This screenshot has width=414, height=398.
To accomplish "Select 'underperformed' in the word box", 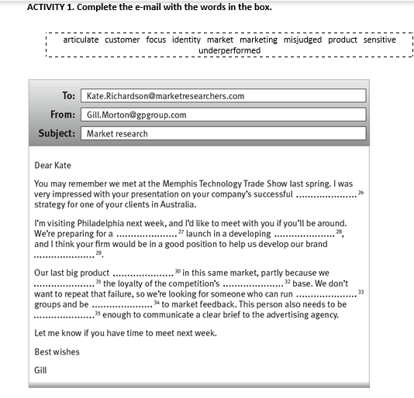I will [x=229, y=50].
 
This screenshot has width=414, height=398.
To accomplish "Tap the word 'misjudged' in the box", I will [x=303, y=39].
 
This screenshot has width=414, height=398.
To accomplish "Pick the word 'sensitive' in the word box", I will [x=379, y=39].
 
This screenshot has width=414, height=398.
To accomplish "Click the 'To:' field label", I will [x=68, y=96].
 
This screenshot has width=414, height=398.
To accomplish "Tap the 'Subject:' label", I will [x=57, y=133].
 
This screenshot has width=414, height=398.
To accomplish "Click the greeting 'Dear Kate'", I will [x=53, y=165].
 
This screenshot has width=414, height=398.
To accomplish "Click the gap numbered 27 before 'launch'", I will [x=146, y=234].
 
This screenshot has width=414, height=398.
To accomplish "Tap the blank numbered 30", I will [x=143, y=273].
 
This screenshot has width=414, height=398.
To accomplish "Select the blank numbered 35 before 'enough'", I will [x=64, y=316].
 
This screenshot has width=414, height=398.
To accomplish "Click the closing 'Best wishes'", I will [x=57, y=352].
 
